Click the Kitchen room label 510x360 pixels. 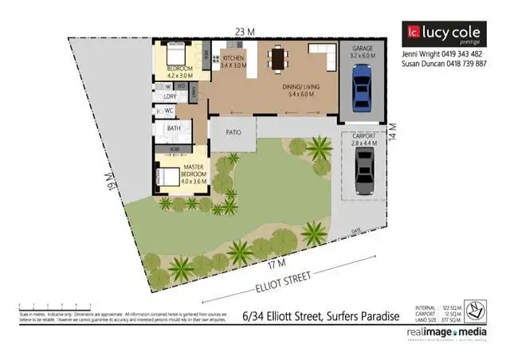coord(233,62)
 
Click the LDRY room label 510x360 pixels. coord(168,96)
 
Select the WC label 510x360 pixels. coord(168,111)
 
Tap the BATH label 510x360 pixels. coord(173,127)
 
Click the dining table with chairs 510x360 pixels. coord(278,58)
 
